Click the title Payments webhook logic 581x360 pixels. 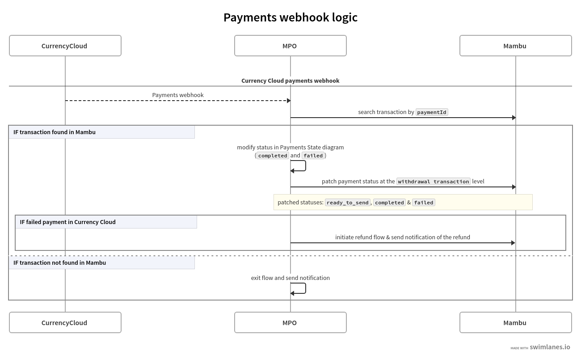tap(290, 17)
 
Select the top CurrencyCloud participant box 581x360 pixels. tap(65, 46)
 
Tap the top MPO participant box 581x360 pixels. tap(290, 46)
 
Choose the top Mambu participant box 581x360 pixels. tap(515, 46)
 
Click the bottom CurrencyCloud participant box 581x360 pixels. tap(65, 322)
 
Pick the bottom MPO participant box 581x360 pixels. tap(290, 322)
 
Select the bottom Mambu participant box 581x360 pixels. tap(515, 322)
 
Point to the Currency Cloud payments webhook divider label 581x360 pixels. tap(290, 81)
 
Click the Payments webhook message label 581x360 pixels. tap(177, 95)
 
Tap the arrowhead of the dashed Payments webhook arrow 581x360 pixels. tap(289, 101)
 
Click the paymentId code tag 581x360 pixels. tap(432, 112)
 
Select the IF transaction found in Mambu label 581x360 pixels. tap(55, 132)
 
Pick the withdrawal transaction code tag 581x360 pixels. tap(433, 182)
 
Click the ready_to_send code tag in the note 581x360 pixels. tap(347, 203)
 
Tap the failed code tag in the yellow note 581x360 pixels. tap(423, 203)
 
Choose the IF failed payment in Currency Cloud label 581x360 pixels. tap(67, 222)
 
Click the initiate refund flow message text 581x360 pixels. tap(402, 237)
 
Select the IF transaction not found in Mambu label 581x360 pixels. tap(59, 263)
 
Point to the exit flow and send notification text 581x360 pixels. tap(290, 278)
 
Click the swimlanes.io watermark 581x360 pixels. tap(549, 347)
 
